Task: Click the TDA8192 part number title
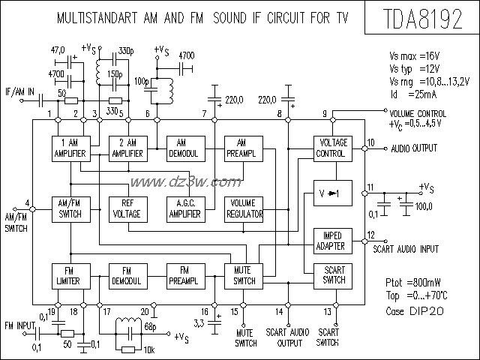tap(423, 19)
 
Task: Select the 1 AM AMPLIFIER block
tap(70, 148)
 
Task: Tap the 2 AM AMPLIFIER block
tap(127, 148)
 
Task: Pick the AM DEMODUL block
tap(184, 148)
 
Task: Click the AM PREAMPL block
tap(242, 148)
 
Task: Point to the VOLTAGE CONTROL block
tap(331, 148)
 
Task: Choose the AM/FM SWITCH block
tap(70, 208)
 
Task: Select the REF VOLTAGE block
tap(127, 208)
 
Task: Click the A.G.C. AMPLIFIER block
tap(184, 208)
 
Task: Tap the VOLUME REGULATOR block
tap(244, 208)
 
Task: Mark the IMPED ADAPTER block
tap(331, 241)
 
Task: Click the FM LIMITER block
tap(70, 274)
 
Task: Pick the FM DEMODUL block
tap(127, 274)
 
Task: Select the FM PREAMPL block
tap(184, 274)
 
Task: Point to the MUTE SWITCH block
tap(244, 275)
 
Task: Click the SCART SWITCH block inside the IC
tap(331, 275)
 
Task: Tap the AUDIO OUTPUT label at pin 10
tap(413, 148)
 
